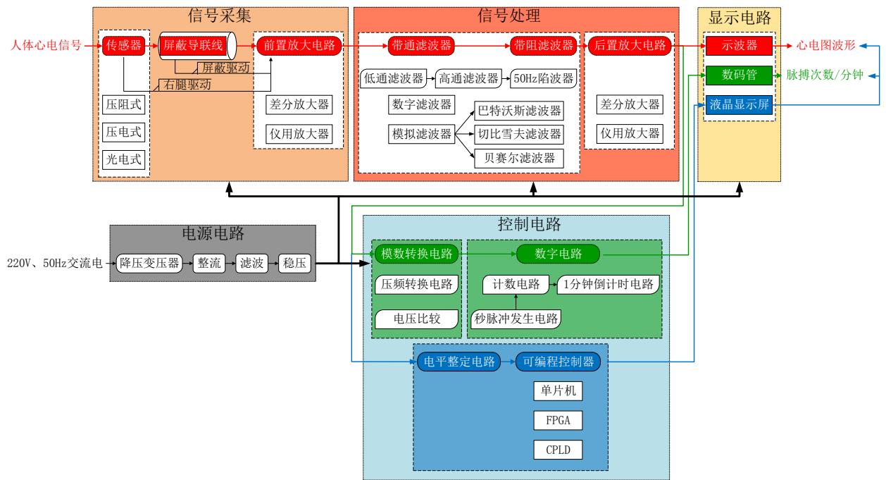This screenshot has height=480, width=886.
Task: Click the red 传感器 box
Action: (124, 46)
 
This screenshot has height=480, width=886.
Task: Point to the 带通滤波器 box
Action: (420, 46)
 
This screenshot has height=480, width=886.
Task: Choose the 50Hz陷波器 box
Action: (542, 78)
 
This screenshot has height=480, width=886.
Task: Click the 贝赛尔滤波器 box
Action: (520, 158)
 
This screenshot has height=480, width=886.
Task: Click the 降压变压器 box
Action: (149, 264)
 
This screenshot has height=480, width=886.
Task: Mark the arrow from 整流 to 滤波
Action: (230, 264)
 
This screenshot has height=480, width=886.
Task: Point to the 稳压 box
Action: (294, 264)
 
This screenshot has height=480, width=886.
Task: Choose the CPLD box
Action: (559, 449)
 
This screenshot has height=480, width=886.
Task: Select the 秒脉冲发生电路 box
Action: (516, 319)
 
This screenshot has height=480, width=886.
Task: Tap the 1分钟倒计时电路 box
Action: (609, 285)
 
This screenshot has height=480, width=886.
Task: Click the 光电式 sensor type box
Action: (124, 160)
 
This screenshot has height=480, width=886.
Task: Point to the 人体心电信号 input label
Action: (41, 46)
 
